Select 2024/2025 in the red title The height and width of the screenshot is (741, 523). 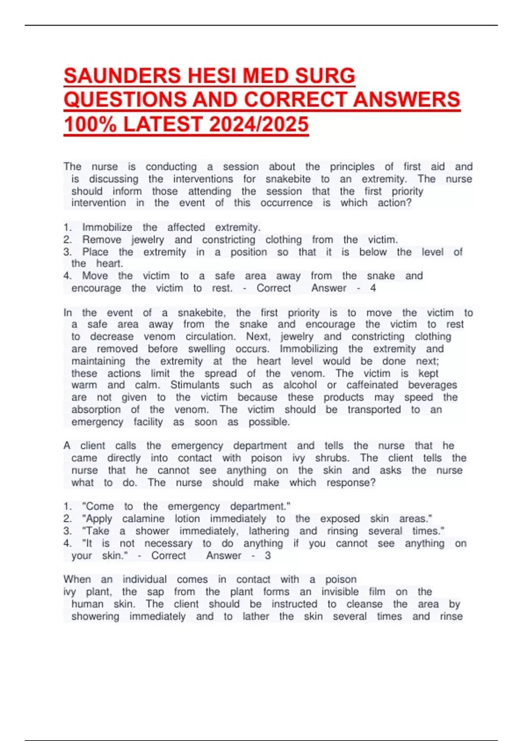pos(259,124)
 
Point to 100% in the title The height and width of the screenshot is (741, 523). pos(90,124)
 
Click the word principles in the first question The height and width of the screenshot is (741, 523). pos(352,167)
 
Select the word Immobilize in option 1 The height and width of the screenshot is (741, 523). pos(107,228)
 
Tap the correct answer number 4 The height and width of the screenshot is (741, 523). pos(373,288)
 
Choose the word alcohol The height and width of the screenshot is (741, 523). pos(300,385)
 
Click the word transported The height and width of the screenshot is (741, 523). pos(374,410)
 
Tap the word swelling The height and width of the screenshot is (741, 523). pos(207,349)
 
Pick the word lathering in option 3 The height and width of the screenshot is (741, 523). pos(269,531)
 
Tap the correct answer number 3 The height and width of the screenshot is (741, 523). pos(268,556)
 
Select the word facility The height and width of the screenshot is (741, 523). pos(148,422)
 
